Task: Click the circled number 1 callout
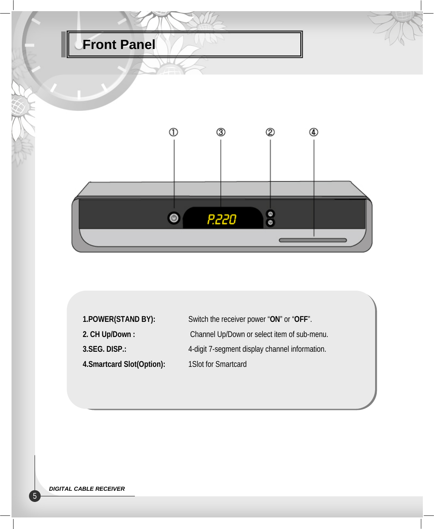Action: (173, 132)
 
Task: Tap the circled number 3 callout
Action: (221, 132)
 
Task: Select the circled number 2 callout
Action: (270, 132)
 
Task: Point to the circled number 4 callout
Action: (313, 132)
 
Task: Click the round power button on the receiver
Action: (174, 218)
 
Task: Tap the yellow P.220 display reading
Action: (222, 219)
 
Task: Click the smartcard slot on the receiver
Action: (313, 240)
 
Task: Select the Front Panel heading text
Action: (119, 45)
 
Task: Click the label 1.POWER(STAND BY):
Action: (119, 319)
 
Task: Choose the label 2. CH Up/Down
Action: (109, 334)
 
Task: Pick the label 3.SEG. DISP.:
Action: (104, 349)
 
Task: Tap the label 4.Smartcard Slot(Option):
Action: (124, 364)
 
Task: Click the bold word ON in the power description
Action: (275, 319)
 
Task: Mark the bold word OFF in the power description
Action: (301, 319)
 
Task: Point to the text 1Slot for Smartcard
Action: (217, 364)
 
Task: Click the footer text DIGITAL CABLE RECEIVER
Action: (87, 489)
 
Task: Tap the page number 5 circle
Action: (35, 496)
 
